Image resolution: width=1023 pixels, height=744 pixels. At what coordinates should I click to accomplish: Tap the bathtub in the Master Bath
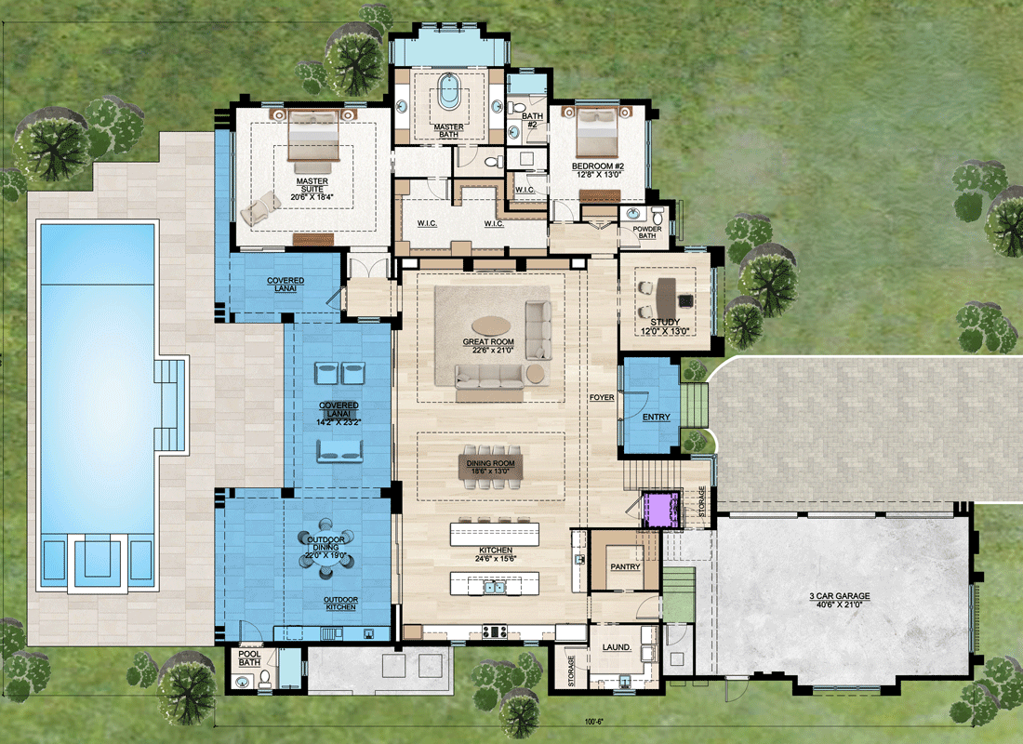448,91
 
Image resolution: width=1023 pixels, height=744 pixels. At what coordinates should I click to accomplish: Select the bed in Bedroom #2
597,132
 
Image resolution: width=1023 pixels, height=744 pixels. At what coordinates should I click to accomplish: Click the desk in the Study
666,297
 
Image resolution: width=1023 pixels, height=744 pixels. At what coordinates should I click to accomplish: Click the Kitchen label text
496,551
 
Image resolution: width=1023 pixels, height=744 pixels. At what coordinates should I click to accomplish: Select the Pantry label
625,566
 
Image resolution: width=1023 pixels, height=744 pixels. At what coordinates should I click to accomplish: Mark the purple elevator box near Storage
661,510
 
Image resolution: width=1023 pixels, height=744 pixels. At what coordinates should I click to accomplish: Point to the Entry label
657,417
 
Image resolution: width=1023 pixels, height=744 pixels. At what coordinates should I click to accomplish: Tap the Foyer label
602,397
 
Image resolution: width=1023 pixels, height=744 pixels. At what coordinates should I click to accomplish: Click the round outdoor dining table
326,548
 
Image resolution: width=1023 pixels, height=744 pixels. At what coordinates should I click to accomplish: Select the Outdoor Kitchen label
340,603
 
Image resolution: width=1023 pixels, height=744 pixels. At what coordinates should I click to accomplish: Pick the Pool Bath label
249,658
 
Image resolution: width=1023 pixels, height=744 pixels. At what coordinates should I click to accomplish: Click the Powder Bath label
647,232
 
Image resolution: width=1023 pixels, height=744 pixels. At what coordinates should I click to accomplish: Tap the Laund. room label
617,647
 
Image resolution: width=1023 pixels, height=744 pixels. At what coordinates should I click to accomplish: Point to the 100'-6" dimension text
593,722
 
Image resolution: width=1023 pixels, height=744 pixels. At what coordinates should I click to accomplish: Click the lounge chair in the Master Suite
260,207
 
